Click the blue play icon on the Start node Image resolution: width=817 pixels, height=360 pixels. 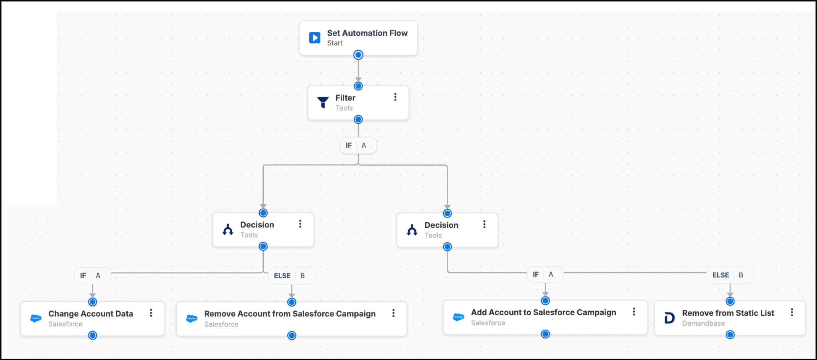[x=314, y=38]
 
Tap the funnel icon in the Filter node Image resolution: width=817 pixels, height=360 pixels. [x=323, y=102]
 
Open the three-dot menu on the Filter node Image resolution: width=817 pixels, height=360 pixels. [x=395, y=97]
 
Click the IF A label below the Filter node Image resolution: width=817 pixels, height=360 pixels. [x=358, y=145]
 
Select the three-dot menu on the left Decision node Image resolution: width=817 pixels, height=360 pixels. [x=300, y=224]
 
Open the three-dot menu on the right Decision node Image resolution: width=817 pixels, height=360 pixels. [x=484, y=224]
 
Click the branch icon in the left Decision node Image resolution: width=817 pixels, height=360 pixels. [x=228, y=229]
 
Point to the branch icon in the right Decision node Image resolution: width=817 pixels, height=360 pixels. [x=412, y=230]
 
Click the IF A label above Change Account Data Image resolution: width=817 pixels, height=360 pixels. [x=93, y=275]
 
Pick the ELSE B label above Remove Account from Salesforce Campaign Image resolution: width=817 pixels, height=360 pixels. [x=292, y=276]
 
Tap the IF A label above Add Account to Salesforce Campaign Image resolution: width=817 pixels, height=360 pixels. [x=545, y=274]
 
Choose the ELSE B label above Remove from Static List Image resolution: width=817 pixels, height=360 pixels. [x=730, y=275]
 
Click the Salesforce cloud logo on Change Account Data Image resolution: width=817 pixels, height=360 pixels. [x=36, y=318]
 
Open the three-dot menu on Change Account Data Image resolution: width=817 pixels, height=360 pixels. [x=151, y=313]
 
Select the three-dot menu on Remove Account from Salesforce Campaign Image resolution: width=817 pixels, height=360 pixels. [x=393, y=313]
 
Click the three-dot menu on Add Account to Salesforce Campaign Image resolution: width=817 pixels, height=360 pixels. [x=634, y=312]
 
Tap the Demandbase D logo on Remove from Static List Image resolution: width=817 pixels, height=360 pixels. [x=669, y=318]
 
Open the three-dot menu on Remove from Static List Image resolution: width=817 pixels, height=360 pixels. [x=792, y=312]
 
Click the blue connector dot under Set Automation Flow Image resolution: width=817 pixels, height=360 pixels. [x=358, y=55]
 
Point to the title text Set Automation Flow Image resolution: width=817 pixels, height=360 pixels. [x=367, y=33]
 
